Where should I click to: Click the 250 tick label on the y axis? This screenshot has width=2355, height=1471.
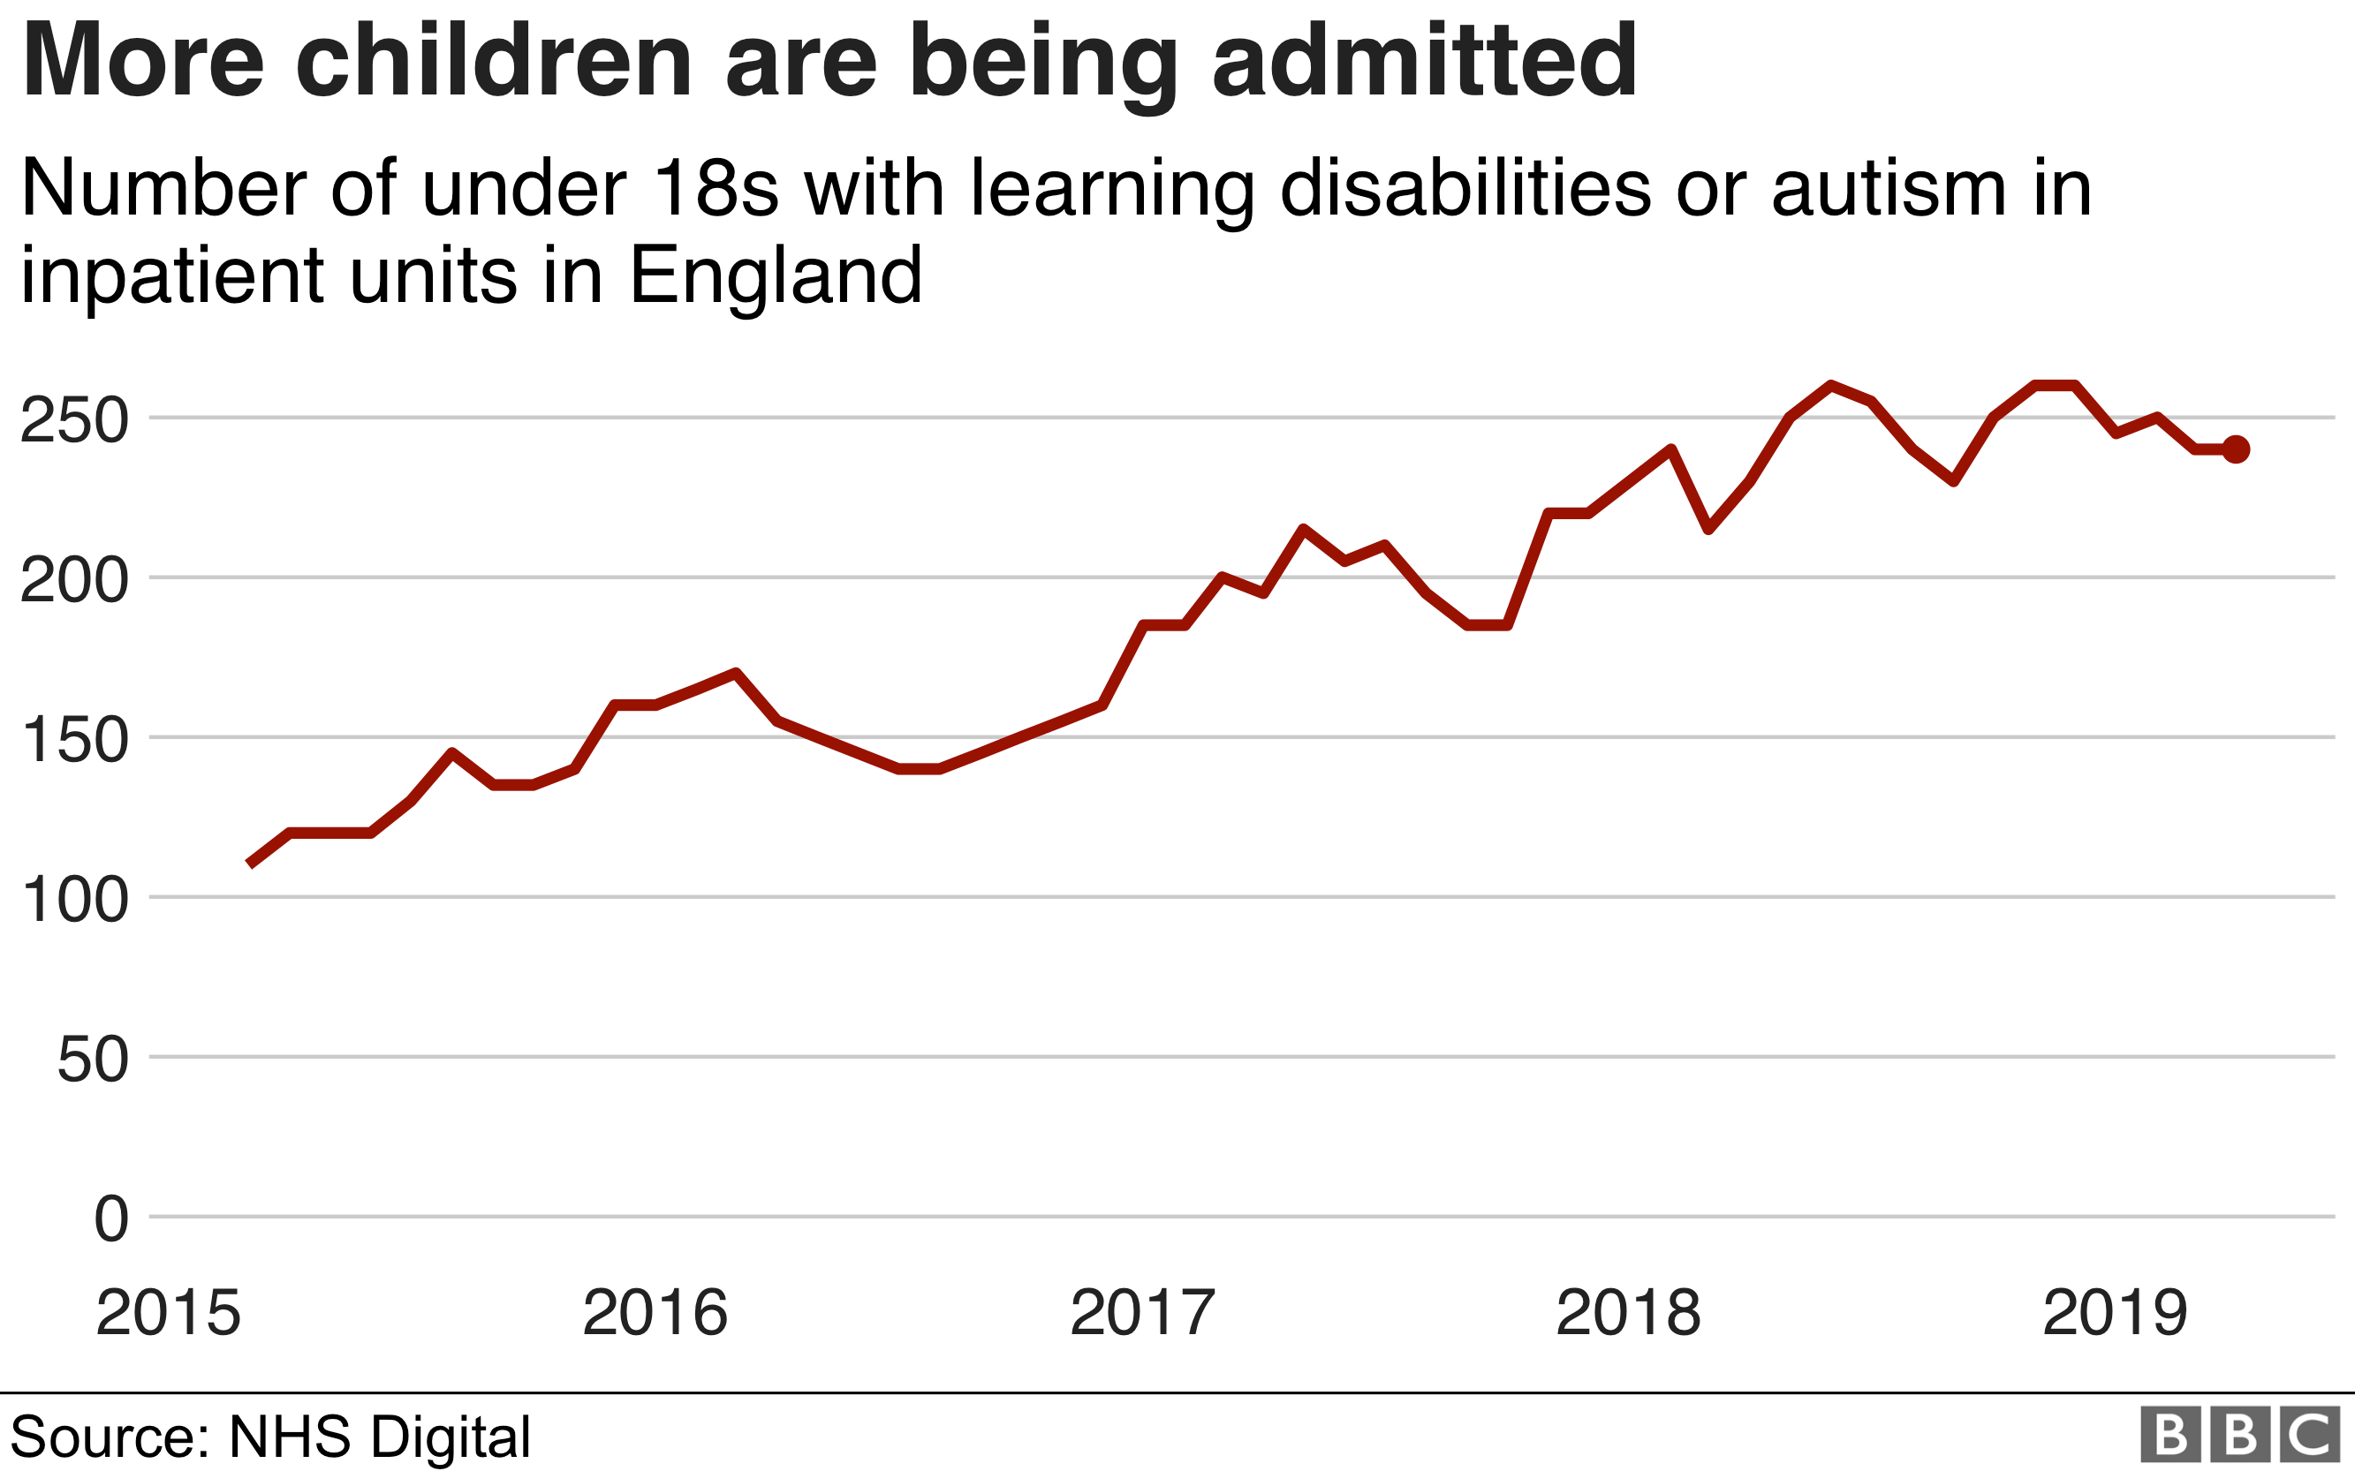click(x=74, y=421)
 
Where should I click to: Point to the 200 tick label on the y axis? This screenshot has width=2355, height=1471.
click(x=74, y=581)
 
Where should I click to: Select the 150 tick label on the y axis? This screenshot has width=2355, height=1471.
click(x=74, y=741)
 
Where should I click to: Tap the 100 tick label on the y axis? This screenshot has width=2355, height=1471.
click(x=74, y=900)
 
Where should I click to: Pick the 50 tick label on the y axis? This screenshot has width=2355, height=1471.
click(x=93, y=1060)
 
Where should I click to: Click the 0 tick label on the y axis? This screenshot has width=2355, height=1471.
click(x=111, y=1219)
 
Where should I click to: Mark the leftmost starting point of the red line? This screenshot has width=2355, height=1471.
click(x=250, y=864)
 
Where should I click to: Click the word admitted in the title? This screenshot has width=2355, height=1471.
click(x=1425, y=60)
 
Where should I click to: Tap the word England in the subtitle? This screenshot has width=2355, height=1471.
click(x=776, y=276)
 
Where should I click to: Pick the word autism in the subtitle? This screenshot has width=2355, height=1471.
click(x=1889, y=188)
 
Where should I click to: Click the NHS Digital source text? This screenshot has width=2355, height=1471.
click(x=380, y=1437)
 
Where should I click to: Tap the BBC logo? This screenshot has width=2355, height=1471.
click(x=2240, y=1435)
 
